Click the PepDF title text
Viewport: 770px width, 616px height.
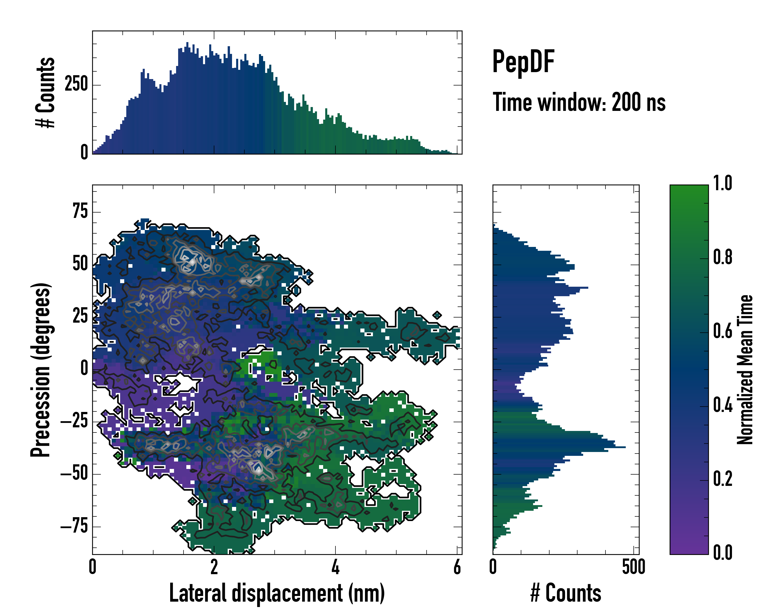(523, 61)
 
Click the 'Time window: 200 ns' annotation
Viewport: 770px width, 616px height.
(579, 102)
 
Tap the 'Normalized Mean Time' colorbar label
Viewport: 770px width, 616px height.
(745, 370)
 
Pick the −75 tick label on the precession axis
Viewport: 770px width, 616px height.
(74, 526)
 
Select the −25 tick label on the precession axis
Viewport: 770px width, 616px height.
(74, 421)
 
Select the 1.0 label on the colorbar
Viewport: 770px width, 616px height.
(723, 184)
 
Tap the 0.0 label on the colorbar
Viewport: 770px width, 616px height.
(723, 552)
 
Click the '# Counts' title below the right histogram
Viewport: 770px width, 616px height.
(566, 593)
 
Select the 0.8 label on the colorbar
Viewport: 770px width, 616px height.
(723, 257)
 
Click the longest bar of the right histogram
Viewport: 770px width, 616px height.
(559, 447)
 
